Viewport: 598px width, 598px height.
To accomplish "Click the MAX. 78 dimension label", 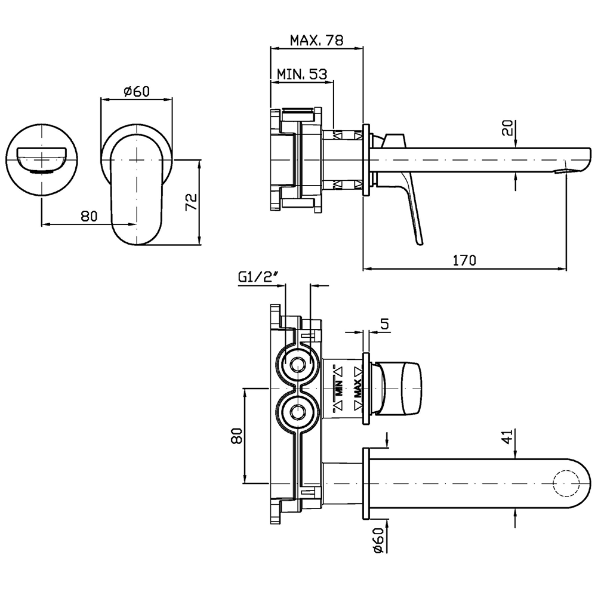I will [x=316, y=41].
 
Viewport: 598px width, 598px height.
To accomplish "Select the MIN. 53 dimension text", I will [x=302, y=75].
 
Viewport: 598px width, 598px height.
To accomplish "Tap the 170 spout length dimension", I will [x=464, y=260].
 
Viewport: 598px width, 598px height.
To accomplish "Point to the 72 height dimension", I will [x=191, y=202].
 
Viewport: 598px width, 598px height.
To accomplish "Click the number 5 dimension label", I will [x=384, y=324].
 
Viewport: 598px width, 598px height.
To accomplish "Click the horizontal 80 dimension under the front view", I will [x=88, y=216].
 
